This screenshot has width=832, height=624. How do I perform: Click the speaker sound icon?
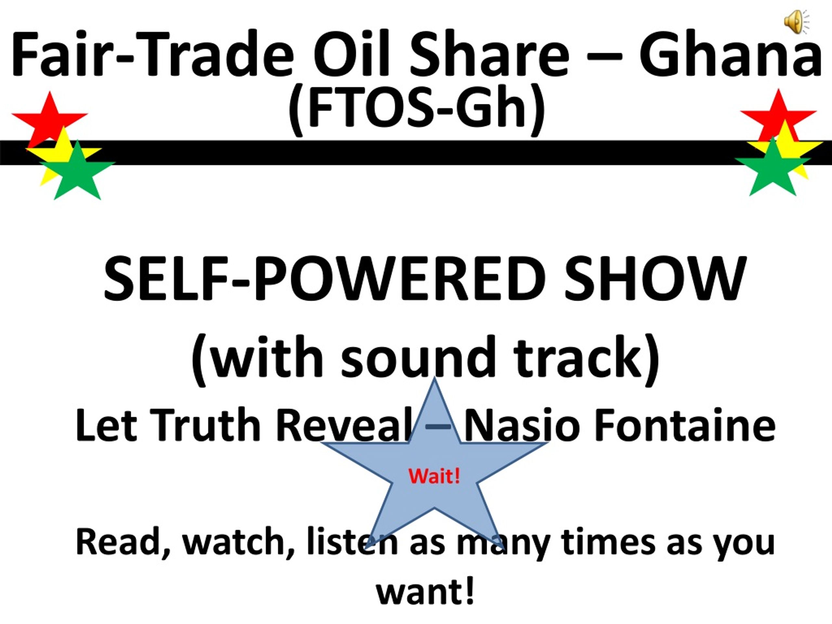click(796, 22)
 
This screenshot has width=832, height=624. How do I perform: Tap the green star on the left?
click(77, 171)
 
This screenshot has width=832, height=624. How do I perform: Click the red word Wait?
click(435, 476)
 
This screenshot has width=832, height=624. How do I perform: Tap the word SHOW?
click(655, 279)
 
